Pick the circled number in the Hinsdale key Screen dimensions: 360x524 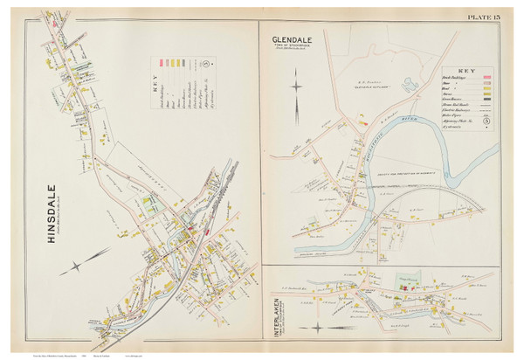204,64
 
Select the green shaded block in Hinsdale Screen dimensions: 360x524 149,209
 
